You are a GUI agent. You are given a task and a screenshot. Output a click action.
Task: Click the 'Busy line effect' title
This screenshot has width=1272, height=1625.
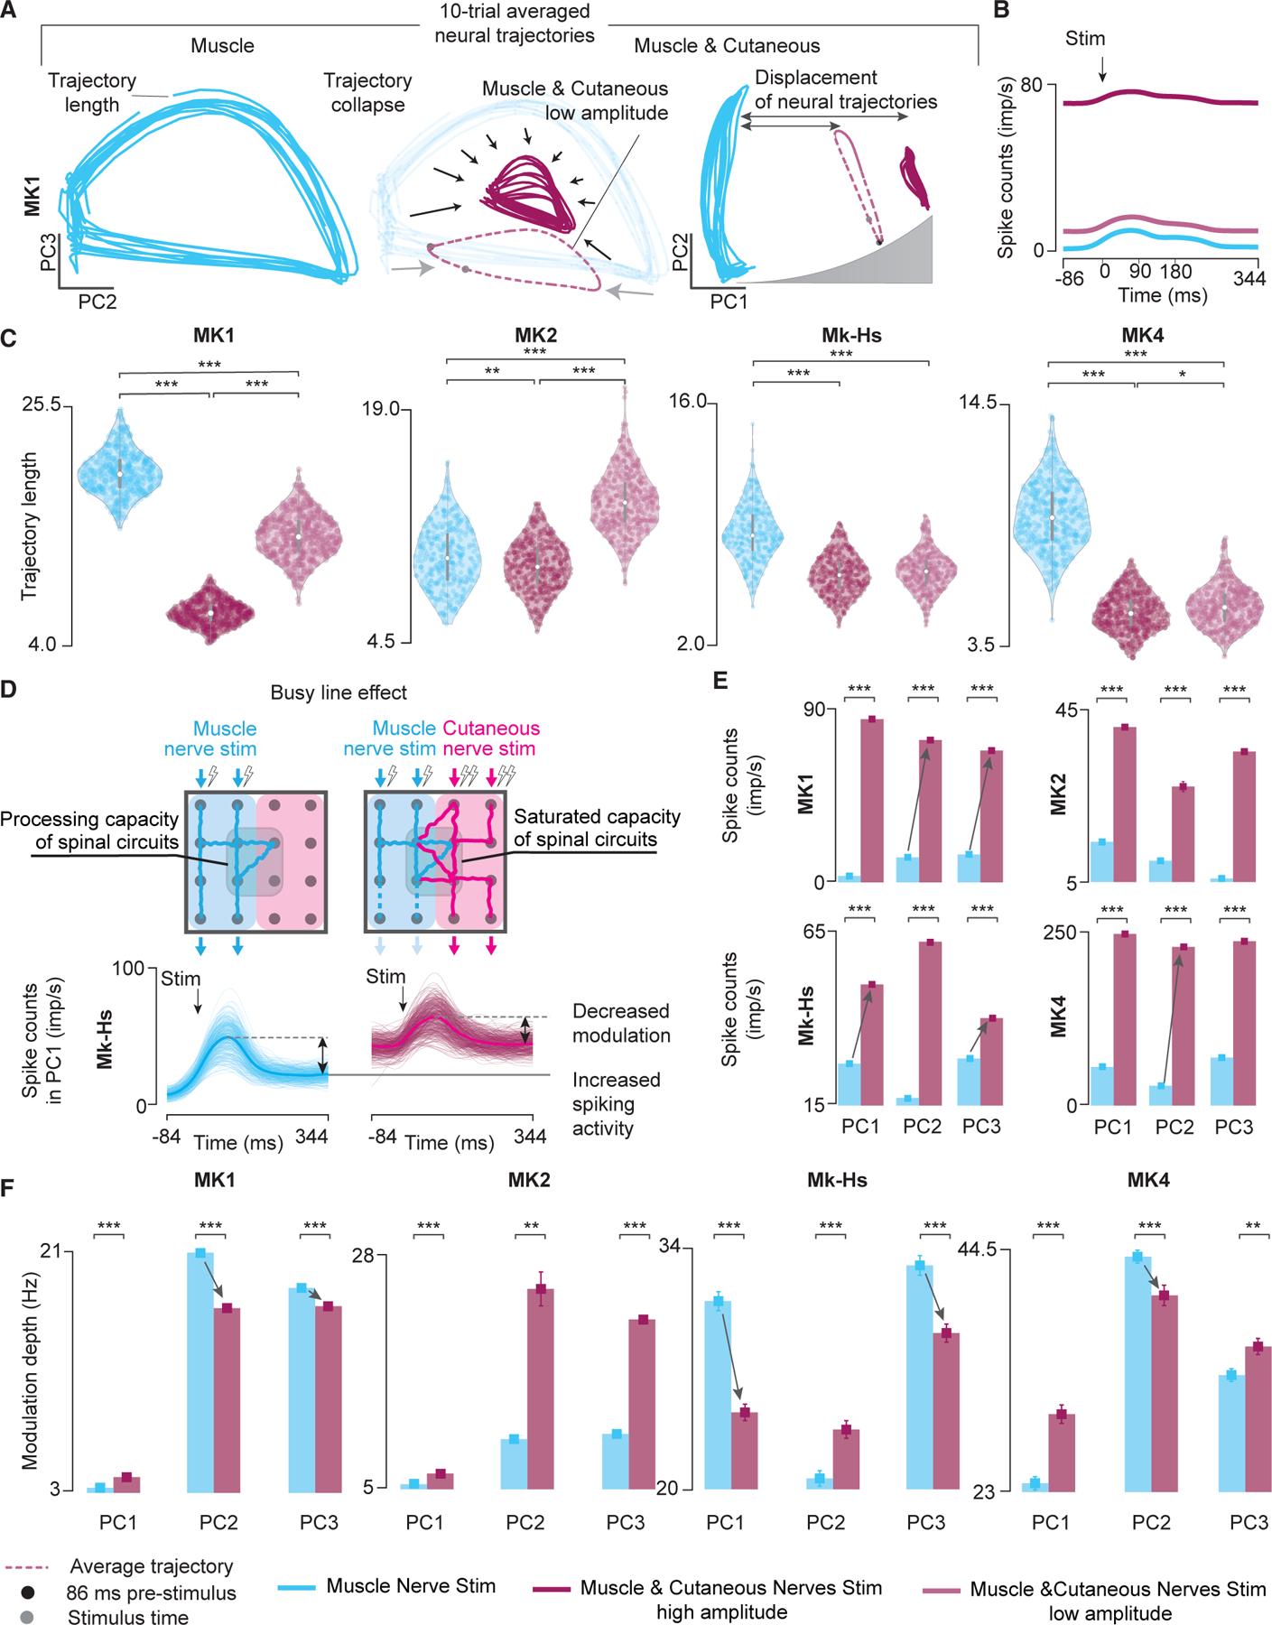(338, 693)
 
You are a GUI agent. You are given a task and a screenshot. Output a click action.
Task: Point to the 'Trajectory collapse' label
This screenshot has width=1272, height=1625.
(367, 92)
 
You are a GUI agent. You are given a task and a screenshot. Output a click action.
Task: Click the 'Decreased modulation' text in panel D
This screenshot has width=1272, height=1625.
(621, 1023)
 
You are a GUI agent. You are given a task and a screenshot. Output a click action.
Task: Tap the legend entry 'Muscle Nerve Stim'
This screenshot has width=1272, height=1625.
(411, 1586)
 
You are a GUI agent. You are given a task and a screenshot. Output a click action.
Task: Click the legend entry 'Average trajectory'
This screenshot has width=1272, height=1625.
(151, 1566)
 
